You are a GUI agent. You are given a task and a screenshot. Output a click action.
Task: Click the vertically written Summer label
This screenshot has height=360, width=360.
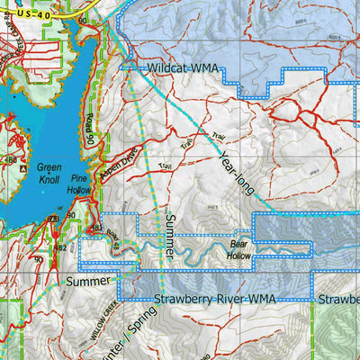coord(171,233)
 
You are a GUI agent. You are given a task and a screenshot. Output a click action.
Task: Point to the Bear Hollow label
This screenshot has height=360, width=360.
coord(239,249)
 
